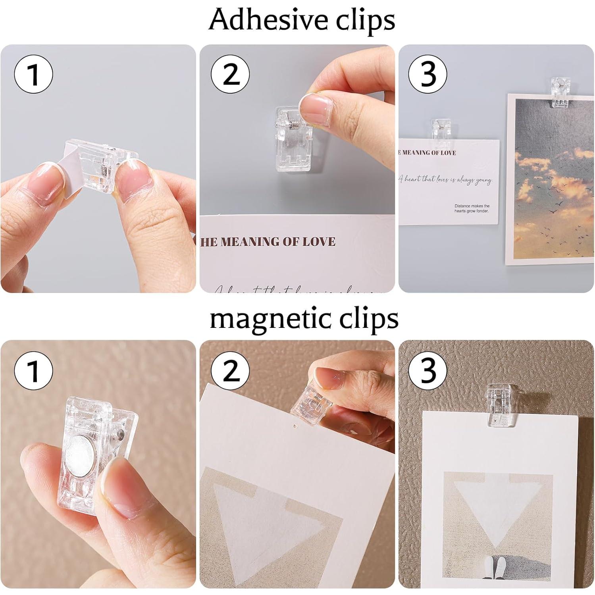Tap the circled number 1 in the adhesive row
[x=33, y=74]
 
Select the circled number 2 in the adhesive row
[x=230, y=74]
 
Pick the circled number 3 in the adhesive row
[x=427, y=74]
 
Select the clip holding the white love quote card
[x=442, y=129]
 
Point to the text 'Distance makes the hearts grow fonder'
[x=472, y=208]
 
